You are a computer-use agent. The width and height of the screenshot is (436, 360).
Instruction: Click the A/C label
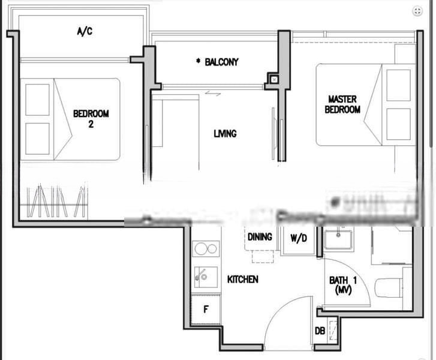(x=85, y=31)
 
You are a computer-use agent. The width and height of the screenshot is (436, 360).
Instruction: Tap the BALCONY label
(x=218, y=62)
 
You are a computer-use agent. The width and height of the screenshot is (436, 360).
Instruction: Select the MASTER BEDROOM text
(x=342, y=104)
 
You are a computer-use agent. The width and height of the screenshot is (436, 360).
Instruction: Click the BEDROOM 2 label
(x=91, y=118)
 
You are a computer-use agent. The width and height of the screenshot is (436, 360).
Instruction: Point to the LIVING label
(x=225, y=134)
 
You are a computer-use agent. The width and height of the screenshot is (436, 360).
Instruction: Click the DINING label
(x=260, y=237)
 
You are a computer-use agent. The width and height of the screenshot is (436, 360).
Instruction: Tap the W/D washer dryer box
(x=299, y=239)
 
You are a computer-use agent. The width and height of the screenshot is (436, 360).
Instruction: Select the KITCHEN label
(x=242, y=280)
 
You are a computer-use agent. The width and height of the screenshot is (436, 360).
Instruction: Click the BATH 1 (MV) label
(x=340, y=284)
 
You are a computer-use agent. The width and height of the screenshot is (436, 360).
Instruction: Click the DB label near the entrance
(x=320, y=331)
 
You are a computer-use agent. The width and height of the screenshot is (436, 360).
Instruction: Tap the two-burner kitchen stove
(x=206, y=248)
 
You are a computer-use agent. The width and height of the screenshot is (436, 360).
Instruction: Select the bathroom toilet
(x=390, y=287)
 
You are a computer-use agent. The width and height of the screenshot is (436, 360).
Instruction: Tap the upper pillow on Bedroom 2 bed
(x=37, y=100)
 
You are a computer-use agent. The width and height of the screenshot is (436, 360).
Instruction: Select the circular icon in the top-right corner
(x=417, y=11)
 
